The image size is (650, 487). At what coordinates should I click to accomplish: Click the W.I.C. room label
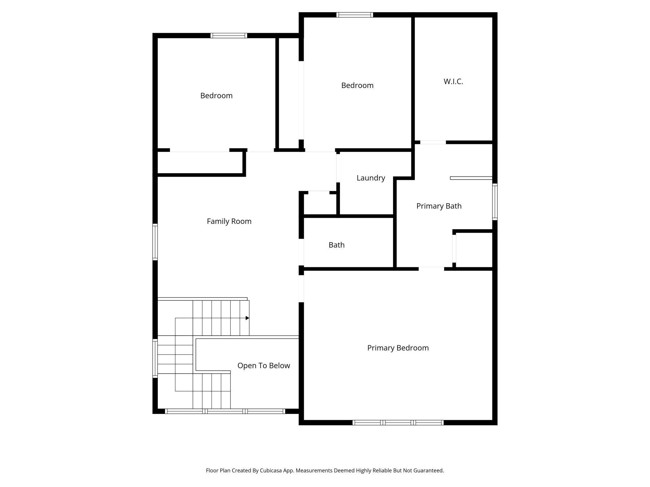pyautogui.click(x=453, y=81)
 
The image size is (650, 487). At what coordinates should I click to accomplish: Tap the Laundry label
pyautogui.click(x=371, y=178)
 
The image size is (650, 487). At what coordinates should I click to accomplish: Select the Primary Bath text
pyautogui.click(x=439, y=206)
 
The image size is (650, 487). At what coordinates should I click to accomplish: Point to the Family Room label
pyautogui.click(x=229, y=221)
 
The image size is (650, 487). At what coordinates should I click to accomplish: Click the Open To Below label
pyautogui.click(x=263, y=366)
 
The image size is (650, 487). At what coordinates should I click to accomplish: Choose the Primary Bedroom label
pyautogui.click(x=398, y=348)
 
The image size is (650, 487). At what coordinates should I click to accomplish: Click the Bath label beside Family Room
pyautogui.click(x=337, y=245)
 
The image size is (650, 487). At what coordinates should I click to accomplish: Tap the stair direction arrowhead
pyautogui.click(x=247, y=318)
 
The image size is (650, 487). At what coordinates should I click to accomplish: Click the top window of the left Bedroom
pyautogui.click(x=229, y=36)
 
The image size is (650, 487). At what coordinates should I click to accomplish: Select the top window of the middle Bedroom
pyautogui.click(x=355, y=15)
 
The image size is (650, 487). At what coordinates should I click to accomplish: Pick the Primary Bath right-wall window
pyautogui.click(x=495, y=202)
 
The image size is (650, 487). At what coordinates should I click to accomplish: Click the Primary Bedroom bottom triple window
pyautogui.click(x=398, y=423)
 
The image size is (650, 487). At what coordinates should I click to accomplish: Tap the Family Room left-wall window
pyautogui.click(x=155, y=242)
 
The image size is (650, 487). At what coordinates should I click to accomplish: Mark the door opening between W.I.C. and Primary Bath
pyautogui.click(x=433, y=142)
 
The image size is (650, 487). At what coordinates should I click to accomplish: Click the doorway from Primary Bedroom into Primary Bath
pyautogui.click(x=431, y=269)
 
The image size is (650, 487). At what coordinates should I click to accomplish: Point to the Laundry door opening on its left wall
pyautogui.click(x=338, y=168)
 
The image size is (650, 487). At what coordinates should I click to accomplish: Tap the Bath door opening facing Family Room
pyautogui.click(x=301, y=252)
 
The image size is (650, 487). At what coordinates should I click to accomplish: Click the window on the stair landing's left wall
pyautogui.click(x=155, y=358)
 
